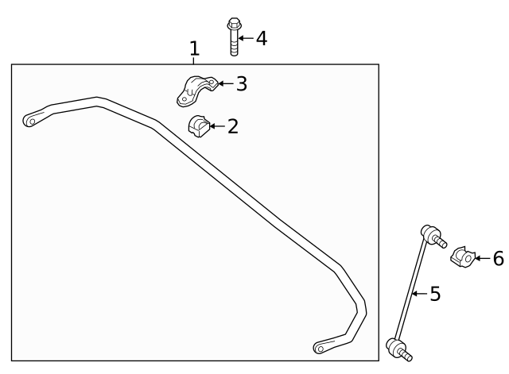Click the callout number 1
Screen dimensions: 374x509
[x=194, y=49]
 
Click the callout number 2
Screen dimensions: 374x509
[x=232, y=125]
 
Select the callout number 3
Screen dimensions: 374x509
[x=241, y=83]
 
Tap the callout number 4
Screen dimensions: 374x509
[x=260, y=37]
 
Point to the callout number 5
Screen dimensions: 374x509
[x=434, y=294]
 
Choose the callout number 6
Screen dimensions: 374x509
[x=498, y=258]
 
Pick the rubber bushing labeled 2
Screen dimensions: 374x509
[x=197, y=125]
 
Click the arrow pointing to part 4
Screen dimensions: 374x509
[x=245, y=37]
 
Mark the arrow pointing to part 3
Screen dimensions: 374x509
[x=225, y=83]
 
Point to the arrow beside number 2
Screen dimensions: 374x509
[x=216, y=125]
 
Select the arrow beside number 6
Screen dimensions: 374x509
[x=482, y=258]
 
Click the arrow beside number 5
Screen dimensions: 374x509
[x=420, y=294]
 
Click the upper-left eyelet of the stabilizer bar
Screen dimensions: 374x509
[x=30, y=121]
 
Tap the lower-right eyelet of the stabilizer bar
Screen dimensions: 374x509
[x=321, y=346]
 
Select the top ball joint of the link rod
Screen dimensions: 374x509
[x=430, y=234]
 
